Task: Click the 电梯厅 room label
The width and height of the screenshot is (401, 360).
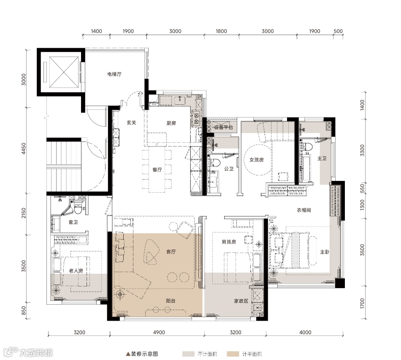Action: [114, 74]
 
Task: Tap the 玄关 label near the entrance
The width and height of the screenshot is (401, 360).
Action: [131, 123]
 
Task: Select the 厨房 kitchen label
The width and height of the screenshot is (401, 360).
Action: [171, 123]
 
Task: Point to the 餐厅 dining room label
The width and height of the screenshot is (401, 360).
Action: [157, 169]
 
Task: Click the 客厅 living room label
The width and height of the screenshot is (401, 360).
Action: [171, 252]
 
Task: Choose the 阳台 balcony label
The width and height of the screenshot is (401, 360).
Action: [171, 301]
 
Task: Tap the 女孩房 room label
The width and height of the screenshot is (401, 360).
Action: [257, 160]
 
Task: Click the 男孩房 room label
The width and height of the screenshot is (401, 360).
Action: [229, 242]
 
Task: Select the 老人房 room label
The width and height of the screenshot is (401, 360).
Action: [76, 271]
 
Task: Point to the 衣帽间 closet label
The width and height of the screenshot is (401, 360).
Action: [304, 210]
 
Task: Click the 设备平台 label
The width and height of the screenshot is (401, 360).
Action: [223, 127]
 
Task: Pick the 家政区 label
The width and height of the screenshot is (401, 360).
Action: [241, 301]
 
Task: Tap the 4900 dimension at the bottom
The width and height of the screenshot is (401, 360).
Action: [159, 333]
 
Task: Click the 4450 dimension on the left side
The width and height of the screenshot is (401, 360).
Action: [24, 148]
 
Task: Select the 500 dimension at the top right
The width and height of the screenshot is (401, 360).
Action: [338, 31]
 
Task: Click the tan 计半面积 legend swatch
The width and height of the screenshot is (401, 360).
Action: [233, 354]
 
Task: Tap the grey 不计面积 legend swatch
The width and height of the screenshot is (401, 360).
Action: [189, 354]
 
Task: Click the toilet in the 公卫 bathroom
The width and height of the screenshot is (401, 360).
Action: [216, 162]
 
